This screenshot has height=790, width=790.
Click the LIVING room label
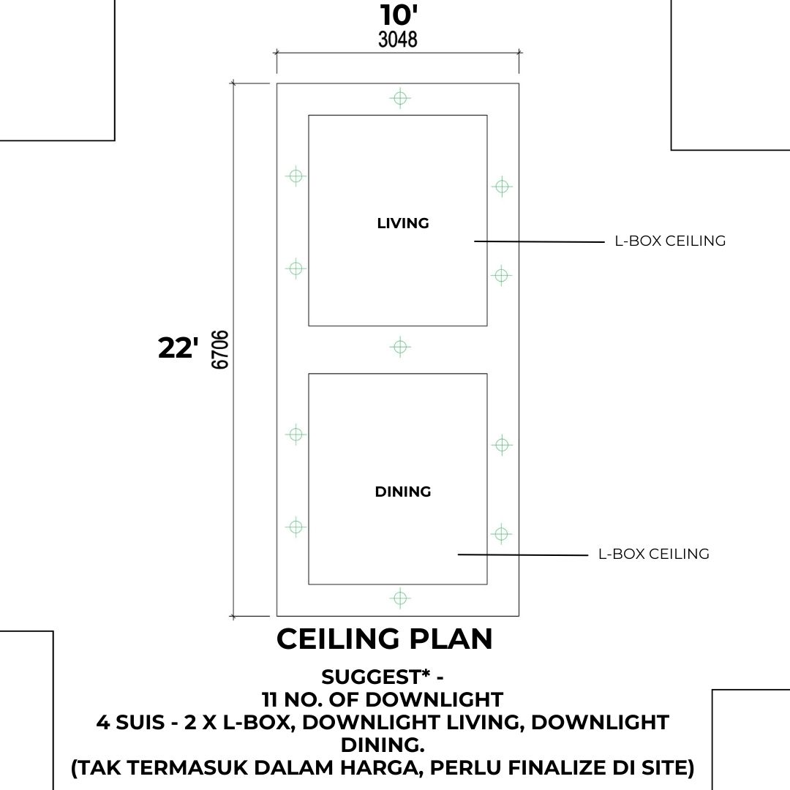tap(403, 223)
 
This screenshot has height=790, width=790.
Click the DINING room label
tap(403, 492)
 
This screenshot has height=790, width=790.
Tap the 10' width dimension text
tap(399, 15)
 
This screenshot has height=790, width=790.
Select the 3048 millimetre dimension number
tap(398, 39)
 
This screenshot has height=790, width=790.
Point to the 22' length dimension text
tap(178, 347)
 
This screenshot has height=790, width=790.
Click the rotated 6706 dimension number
tap(220, 350)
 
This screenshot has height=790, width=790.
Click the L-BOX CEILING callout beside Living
tap(670, 241)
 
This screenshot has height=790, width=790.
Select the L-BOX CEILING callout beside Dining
tap(654, 554)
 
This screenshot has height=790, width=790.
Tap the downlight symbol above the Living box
tap(400, 98)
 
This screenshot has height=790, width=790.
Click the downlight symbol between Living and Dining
tap(400, 347)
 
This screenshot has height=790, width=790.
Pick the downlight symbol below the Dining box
tap(400, 598)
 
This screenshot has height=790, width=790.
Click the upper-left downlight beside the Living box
tap(296, 176)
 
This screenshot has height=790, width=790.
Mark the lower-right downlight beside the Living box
tap(501, 276)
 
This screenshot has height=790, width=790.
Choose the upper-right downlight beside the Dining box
tap(502, 445)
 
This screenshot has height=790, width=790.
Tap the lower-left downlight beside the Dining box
tap(296, 527)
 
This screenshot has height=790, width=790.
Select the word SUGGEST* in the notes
tap(376, 677)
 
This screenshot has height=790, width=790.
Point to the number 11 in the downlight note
tap(270, 699)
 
